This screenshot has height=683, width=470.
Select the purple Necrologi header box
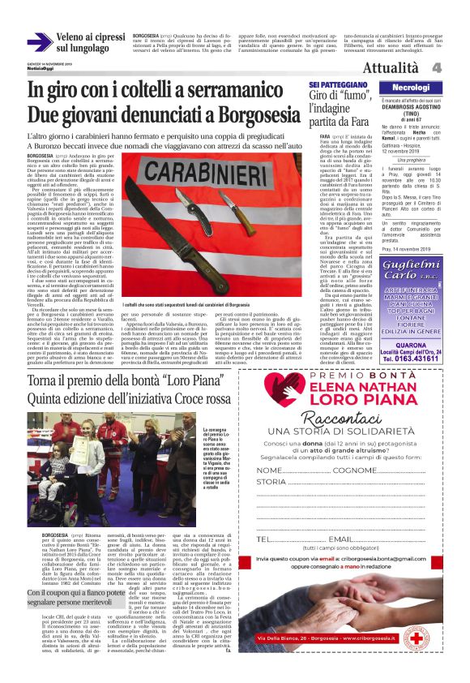coord(409,86)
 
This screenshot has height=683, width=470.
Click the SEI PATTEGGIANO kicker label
coord(335,84)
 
